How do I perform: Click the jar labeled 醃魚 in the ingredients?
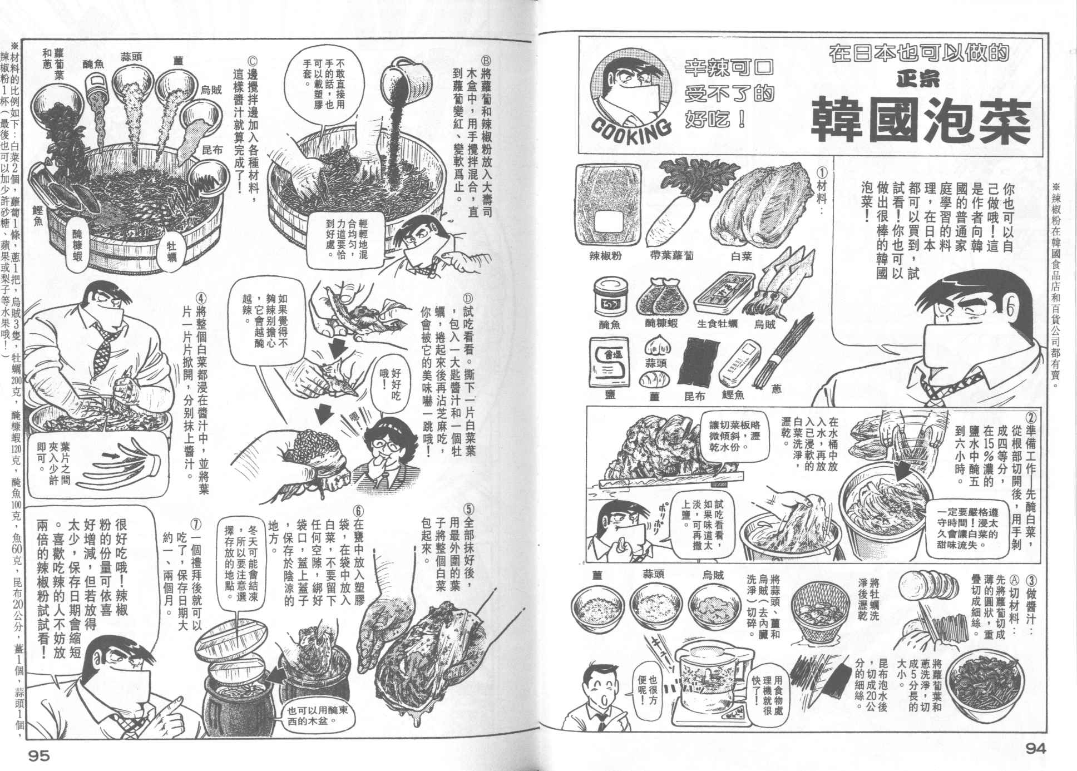(x=609, y=295)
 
